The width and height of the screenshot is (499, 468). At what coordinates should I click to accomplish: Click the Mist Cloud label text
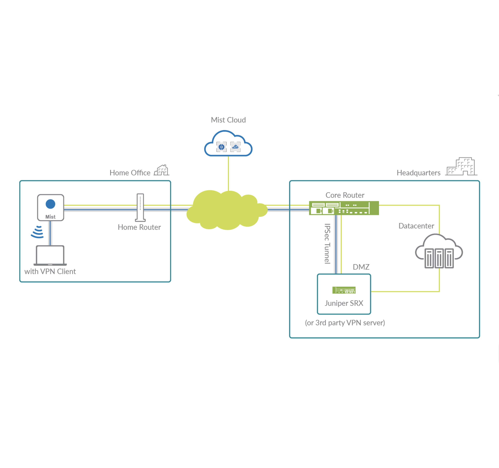pyautogui.click(x=228, y=120)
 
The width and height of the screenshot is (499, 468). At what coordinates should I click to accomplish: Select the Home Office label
pyautogui.click(x=130, y=173)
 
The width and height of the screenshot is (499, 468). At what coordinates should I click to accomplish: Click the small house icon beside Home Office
pyautogui.click(x=162, y=170)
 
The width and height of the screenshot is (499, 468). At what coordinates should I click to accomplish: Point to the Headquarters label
pyautogui.click(x=418, y=173)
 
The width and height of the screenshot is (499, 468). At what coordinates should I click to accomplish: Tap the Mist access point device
pyautogui.click(x=50, y=208)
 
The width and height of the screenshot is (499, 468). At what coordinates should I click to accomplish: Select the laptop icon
pyautogui.click(x=50, y=255)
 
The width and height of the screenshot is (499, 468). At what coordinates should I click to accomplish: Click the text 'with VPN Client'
pyautogui.click(x=50, y=271)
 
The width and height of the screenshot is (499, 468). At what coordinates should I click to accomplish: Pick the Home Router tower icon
pyautogui.click(x=140, y=208)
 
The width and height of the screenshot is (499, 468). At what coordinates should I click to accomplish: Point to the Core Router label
pyautogui.click(x=345, y=195)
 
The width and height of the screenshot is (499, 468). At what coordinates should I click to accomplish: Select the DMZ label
pyautogui.click(x=361, y=267)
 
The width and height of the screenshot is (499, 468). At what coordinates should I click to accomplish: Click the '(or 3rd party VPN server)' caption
pyautogui.click(x=345, y=323)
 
